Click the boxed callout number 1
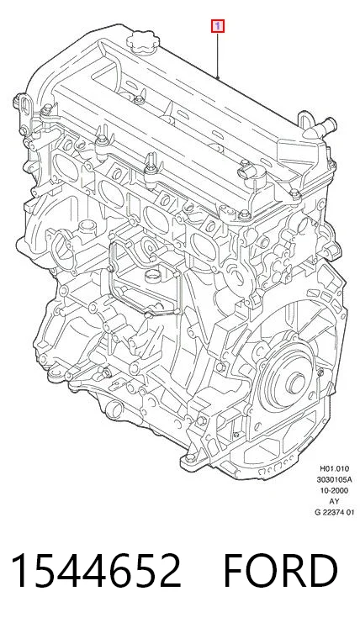coord(218,27)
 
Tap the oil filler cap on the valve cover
coord(143,44)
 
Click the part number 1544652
coord(96,571)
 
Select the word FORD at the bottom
coord(280,571)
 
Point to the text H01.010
coord(335,469)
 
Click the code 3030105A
coord(334,479)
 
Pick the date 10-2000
coord(335,490)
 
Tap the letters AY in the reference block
coord(335,501)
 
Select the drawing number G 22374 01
coord(334,512)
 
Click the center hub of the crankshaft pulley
coord(296,383)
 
